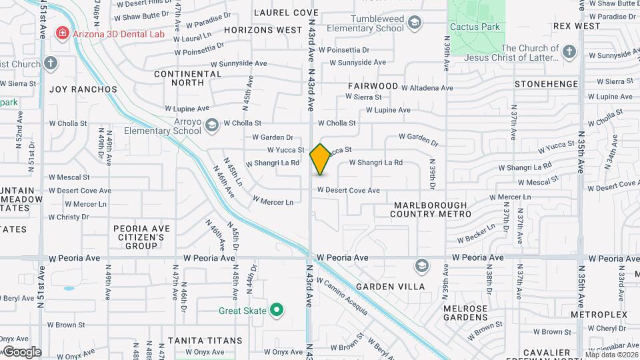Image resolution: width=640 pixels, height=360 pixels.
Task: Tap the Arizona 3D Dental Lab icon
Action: (62, 33)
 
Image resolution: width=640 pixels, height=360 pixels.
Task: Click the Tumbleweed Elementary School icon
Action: (415, 24)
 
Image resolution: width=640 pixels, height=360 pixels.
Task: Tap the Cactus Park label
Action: (475, 27)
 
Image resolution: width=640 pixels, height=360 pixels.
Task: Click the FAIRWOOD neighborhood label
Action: (373, 86)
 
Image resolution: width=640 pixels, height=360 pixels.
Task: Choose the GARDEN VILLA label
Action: (390, 287)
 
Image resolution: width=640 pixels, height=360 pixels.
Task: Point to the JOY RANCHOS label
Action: (83, 89)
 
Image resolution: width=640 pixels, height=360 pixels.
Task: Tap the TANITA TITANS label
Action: (205, 341)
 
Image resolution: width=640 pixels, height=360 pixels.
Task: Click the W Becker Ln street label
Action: (476, 233)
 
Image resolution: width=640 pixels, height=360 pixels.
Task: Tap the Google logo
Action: (21, 352)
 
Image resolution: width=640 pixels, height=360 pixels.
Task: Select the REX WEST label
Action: (577, 26)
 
